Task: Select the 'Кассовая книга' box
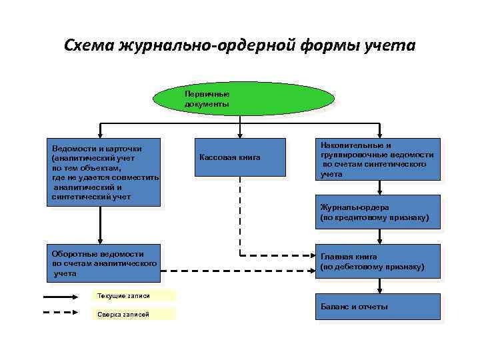(239, 157)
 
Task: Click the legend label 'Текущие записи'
(132, 295)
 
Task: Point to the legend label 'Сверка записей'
(132, 314)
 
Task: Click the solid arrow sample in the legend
(65, 296)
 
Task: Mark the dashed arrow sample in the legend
(65, 313)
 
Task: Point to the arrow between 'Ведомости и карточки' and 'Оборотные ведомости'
(100, 225)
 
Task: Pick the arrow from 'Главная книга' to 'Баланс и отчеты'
(379, 284)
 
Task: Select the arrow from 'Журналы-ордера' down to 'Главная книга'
(379, 236)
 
